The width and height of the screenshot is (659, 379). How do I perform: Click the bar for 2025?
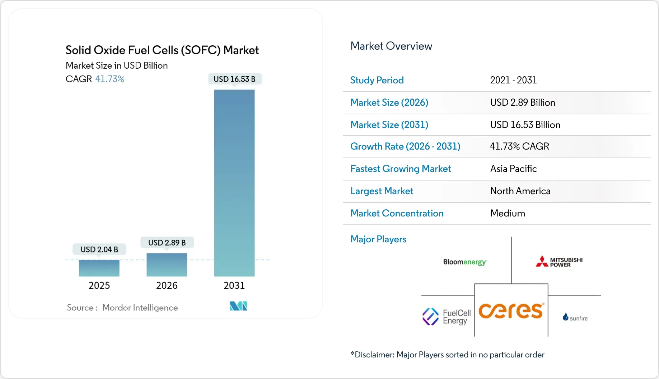pos(99,268)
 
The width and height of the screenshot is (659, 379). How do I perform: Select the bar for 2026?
pos(167,265)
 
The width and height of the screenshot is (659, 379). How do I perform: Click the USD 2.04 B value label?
pos(99,249)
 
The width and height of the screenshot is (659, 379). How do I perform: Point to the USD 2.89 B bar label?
pos(167,243)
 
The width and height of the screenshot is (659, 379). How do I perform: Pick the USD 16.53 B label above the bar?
pos(234,79)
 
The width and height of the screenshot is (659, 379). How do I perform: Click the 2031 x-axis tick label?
pos(234,286)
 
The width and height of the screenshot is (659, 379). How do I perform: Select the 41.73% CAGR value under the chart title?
pos(109,79)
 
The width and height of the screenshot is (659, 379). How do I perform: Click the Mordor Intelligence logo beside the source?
pos(238,306)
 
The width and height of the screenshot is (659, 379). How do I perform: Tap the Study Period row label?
pos(377,80)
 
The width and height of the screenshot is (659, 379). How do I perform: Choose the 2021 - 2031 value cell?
pos(513,80)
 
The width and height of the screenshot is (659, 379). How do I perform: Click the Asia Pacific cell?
pos(513,169)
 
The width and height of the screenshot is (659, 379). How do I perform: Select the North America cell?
pos(520,191)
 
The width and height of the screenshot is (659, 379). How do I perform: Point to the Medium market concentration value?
pos(508,213)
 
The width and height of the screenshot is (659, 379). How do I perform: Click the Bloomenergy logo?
pos(465,262)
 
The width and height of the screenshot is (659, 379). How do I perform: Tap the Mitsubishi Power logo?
pos(559,262)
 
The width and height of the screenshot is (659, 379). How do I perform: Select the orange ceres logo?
pos(511,311)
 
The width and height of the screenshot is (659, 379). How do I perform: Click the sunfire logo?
pos(575,318)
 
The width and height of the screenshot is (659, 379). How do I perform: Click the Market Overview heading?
pos(391,46)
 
